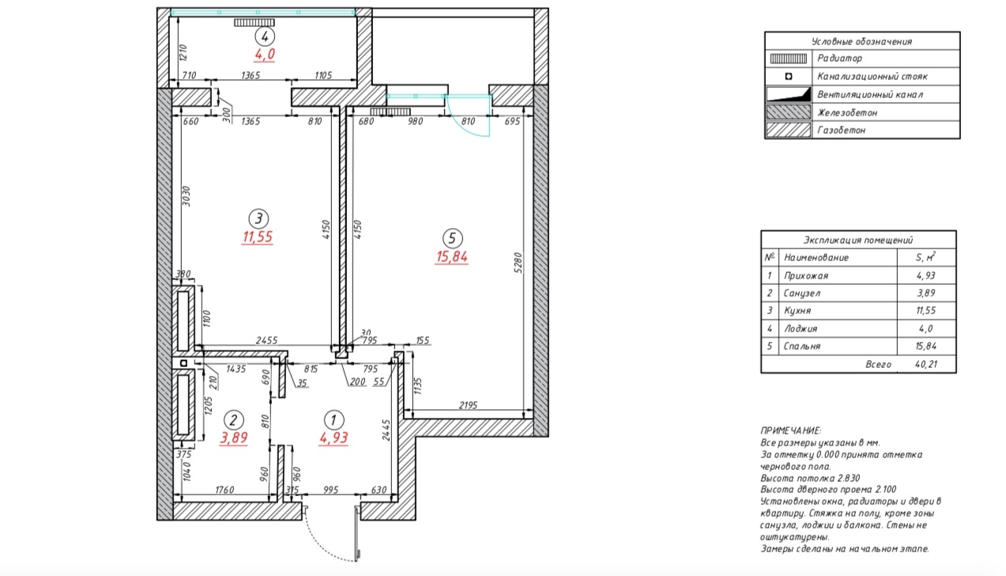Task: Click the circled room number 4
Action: coord(265,36)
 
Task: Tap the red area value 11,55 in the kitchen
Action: coord(258,237)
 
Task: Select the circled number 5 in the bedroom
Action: coord(452,238)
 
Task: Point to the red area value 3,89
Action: coord(234,438)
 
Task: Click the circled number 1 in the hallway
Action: coord(333,420)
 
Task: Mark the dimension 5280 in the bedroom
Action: coord(518,263)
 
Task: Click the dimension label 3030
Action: coord(187,196)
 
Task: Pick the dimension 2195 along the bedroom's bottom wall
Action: coord(468,405)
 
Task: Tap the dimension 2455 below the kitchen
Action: coord(267,340)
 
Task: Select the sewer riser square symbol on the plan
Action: coord(183,363)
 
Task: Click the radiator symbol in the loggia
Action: coord(254,22)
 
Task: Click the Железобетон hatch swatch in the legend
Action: coord(788,112)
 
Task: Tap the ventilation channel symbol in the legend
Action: coord(789,94)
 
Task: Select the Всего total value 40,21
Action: coord(926,364)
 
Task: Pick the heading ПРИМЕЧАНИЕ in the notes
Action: coord(790,430)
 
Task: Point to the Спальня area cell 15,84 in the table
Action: coord(925,347)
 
